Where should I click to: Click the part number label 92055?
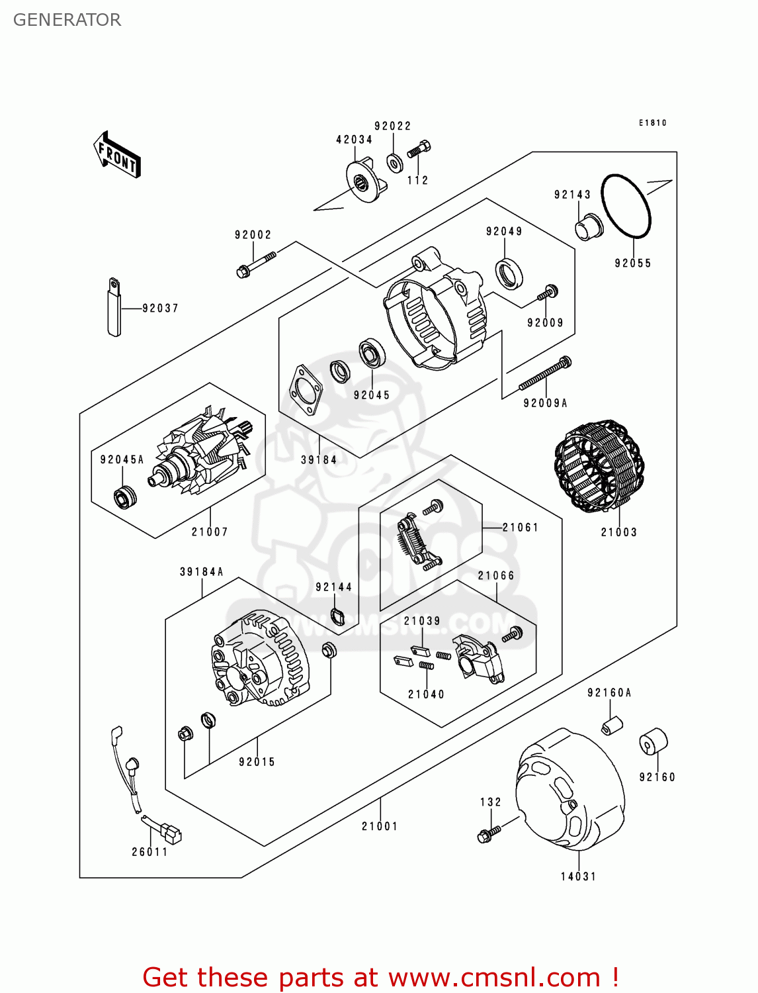point(632,263)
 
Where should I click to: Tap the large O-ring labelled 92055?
point(626,206)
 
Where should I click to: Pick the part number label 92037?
point(160,308)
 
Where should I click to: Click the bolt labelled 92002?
point(256,263)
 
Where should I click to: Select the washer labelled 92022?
point(395,162)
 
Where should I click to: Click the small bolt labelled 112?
point(419,150)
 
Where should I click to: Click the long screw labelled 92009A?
point(545,374)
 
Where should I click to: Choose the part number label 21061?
point(521,528)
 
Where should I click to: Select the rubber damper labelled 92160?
point(653,742)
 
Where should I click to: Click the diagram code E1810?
point(652,122)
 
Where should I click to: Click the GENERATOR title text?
point(67,20)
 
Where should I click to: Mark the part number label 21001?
point(380,826)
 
